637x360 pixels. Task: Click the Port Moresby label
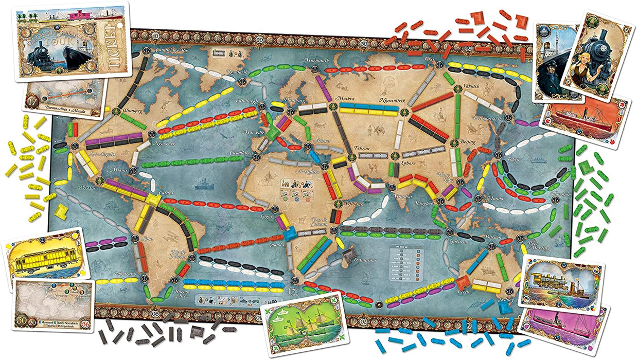(538, 245)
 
